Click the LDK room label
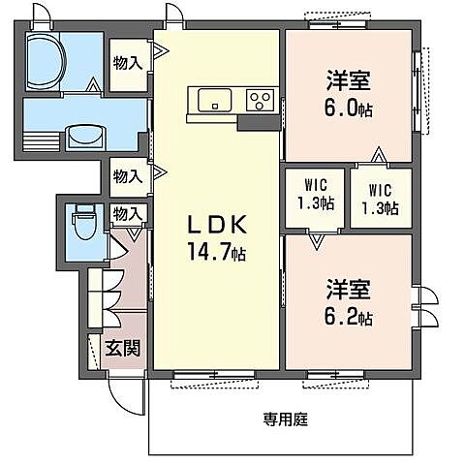(x=219, y=226)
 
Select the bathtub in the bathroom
(x=46, y=60)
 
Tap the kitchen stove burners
(x=259, y=100)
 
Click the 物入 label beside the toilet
(x=127, y=213)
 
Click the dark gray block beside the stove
(x=258, y=122)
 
